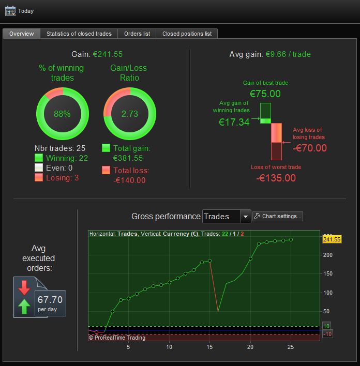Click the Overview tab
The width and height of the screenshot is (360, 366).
pos(22,34)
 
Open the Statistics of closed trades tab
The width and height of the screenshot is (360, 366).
pos(79,34)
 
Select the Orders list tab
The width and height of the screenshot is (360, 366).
pos(137,34)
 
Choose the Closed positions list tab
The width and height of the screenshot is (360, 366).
pos(187,34)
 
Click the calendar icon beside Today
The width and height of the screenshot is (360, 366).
pos(10,11)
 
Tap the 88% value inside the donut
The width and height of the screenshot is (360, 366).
pos(62,114)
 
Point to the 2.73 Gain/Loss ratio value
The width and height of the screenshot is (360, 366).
pos(130,114)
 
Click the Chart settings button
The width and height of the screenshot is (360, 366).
pos(278,216)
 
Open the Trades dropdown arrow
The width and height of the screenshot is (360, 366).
pos(245,217)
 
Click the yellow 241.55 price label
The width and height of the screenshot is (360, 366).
pos(332,239)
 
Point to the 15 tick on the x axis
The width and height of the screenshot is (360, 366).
pos(209,347)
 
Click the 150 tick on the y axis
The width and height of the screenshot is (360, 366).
pos(328,273)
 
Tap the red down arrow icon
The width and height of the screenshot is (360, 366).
pos(24,288)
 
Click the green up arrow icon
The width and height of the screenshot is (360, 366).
pos(24,307)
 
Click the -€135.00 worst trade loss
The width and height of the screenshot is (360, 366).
pos(276,178)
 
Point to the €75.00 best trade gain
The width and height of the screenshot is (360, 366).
pos(265,94)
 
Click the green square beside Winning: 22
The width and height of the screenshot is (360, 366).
pos(39,158)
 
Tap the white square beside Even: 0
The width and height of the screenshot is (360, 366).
pos(39,167)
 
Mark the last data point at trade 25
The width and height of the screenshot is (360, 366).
pos(291,240)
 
